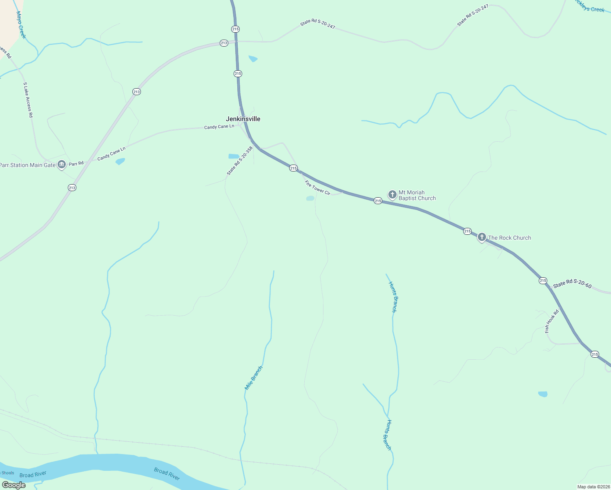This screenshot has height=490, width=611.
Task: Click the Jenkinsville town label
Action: tap(243, 119)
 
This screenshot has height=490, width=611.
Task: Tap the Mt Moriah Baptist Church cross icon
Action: tap(392, 194)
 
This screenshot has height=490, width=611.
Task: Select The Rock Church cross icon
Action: tap(482, 237)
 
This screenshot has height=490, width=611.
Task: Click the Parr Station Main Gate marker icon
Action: tap(62, 165)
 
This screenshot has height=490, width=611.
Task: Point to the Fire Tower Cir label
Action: tap(317, 188)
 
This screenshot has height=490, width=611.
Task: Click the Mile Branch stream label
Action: tap(254, 378)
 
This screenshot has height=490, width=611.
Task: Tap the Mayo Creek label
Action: tap(21, 25)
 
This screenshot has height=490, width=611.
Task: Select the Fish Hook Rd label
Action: tap(552, 321)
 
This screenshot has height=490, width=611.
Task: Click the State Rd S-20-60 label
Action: tap(572, 284)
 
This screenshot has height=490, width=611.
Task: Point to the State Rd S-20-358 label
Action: tap(240, 161)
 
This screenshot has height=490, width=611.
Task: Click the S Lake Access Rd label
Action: tap(28, 100)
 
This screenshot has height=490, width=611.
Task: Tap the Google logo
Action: tap(14, 485)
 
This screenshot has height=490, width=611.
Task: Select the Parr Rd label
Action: tap(76, 163)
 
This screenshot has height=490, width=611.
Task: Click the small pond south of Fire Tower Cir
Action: tap(310, 198)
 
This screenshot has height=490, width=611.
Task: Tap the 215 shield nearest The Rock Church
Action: tap(467, 231)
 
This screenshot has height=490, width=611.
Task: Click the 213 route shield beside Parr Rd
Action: tap(72, 188)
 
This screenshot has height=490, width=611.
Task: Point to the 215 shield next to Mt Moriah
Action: tap(378, 200)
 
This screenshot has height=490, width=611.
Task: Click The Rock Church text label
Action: tap(509, 238)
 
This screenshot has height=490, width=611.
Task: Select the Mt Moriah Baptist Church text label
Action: tap(417, 195)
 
